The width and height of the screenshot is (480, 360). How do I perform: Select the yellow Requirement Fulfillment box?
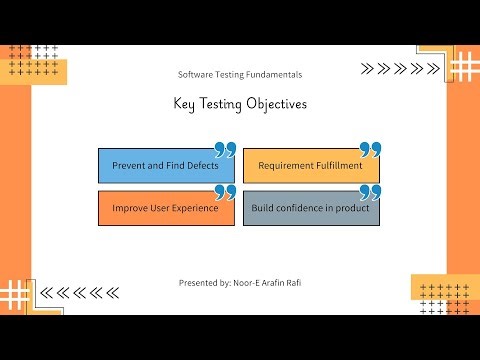pos(310,166)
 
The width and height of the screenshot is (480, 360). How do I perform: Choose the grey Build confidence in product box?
pos(310,208)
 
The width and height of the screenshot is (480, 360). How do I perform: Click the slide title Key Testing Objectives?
pos(239,104)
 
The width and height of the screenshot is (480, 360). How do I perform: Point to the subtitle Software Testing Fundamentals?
pos(239,75)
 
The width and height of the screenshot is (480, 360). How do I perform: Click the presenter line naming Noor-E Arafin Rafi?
pos(239,283)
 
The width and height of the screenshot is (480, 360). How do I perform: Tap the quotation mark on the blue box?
pos(225,150)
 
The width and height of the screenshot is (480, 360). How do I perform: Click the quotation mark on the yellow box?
pos(370,150)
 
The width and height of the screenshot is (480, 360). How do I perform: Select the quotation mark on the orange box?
pos(225,192)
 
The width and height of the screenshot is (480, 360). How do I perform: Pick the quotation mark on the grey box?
pos(370,192)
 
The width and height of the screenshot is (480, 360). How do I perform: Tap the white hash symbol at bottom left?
pos(17,294)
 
